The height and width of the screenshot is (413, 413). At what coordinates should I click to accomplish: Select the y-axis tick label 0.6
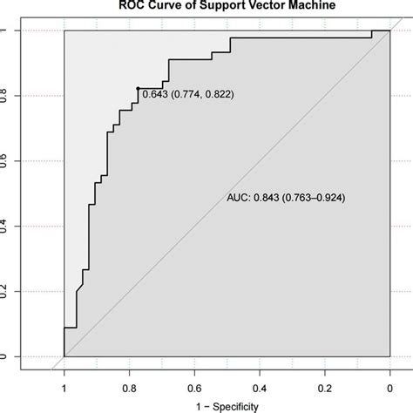[x=6, y=161]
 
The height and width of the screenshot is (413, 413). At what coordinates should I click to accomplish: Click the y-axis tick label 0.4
[x=6, y=227]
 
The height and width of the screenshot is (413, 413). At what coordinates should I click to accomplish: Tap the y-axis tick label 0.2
[x=6, y=292]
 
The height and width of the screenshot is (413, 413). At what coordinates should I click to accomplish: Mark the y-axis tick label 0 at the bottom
[x=6, y=356]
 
